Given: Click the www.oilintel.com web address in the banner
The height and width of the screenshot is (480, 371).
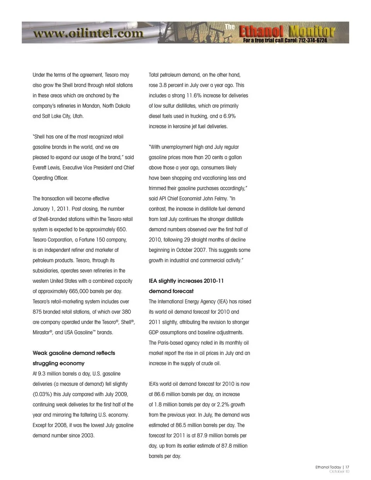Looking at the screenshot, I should pos(88,34).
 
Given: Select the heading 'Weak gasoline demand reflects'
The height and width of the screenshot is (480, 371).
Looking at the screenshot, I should pos(74,353).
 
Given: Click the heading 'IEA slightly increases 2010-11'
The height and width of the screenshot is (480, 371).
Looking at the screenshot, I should pos(186,281).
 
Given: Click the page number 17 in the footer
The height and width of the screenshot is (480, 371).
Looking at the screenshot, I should pos(347,467).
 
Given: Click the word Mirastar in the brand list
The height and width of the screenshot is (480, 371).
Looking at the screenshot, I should pos(41,332).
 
